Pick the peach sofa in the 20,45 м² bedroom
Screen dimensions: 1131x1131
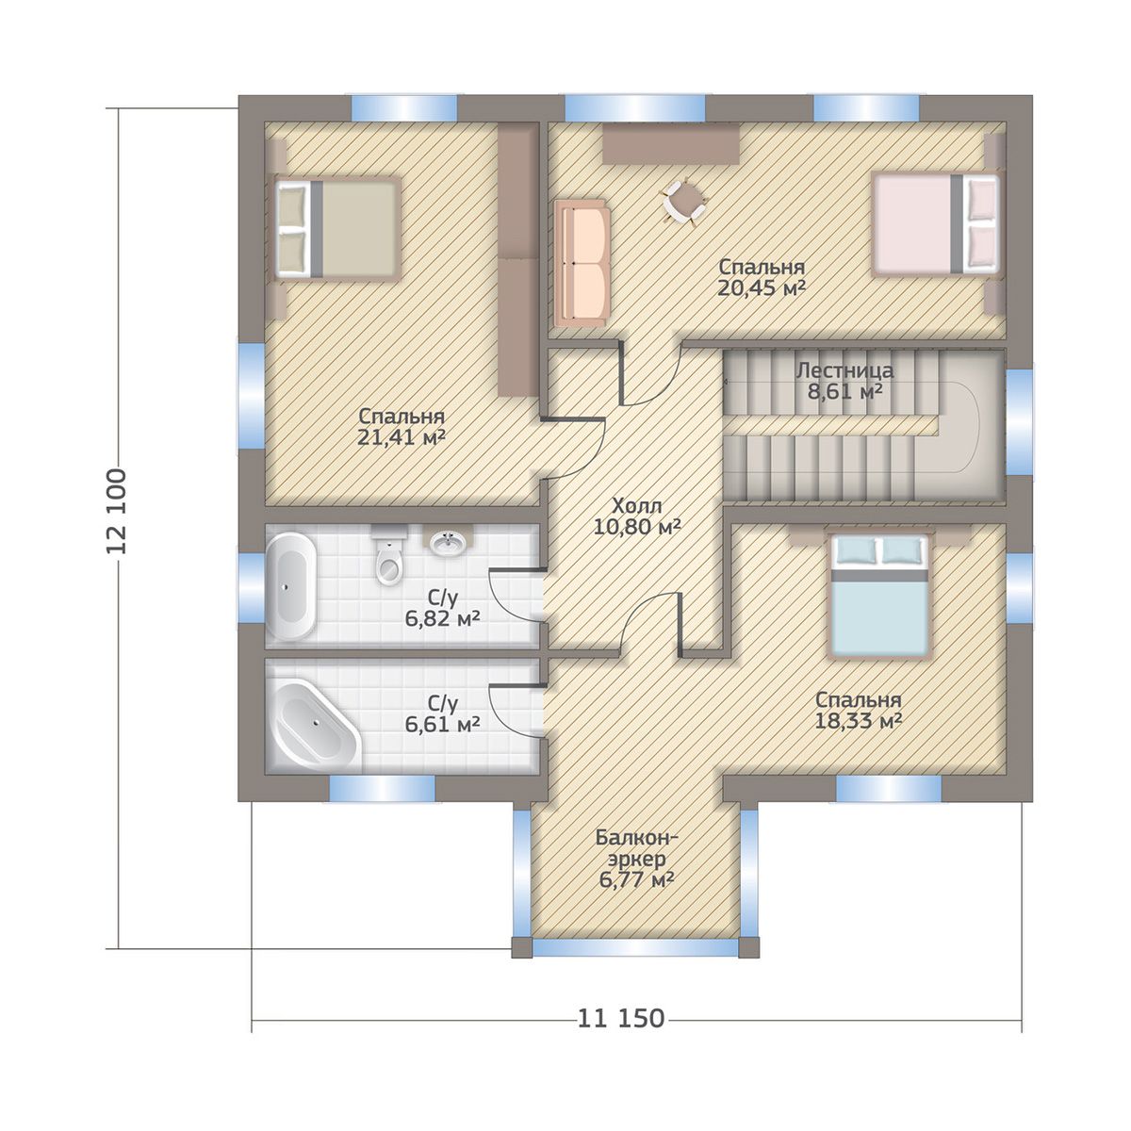click(581, 264)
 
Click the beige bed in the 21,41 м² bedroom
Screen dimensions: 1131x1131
click(338, 228)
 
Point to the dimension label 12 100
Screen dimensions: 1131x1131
click(116, 511)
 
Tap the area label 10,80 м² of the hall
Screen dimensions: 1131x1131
click(637, 527)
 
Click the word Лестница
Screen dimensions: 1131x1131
click(844, 371)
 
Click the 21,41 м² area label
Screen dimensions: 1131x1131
click(401, 437)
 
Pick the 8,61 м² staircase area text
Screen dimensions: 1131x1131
click(845, 391)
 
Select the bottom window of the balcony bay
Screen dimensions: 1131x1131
click(635, 964)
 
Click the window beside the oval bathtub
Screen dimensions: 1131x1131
click(251, 587)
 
